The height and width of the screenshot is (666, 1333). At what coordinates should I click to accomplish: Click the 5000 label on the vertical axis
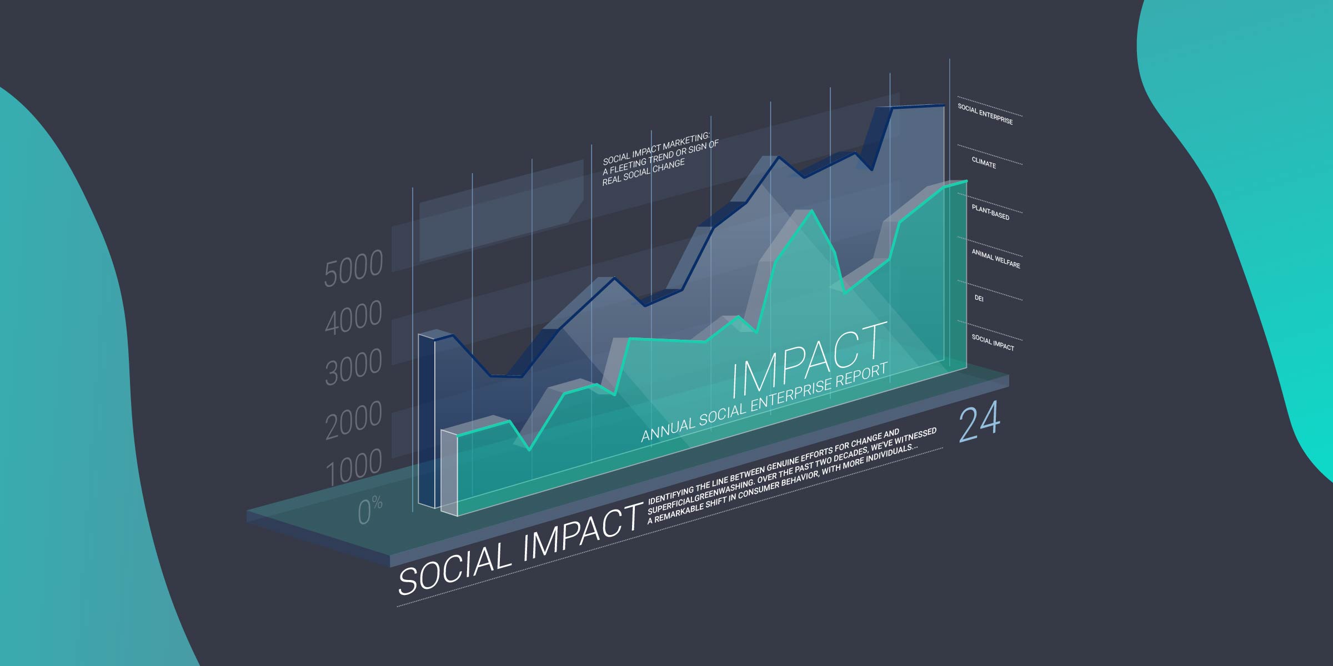click(x=353, y=268)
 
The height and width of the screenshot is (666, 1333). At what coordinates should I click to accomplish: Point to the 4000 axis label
click(x=353, y=317)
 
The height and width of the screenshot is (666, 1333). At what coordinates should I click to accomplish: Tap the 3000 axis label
click(x=353, y=367)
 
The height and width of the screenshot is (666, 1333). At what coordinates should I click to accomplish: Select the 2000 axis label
click(x=353, y=420)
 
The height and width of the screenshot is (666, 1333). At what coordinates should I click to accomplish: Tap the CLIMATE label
click(x=984, y=163)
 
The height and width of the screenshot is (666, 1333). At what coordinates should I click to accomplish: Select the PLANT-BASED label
click(x=990, y=212)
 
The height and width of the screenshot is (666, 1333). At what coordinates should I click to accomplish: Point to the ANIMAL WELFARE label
click(x=996, y=259)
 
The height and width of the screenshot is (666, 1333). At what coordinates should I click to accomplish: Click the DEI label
click(x=979, y=299)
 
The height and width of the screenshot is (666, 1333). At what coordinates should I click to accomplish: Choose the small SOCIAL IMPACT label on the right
click(x=993, y=342)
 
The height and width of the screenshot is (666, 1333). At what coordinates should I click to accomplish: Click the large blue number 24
click(x=979, y=422)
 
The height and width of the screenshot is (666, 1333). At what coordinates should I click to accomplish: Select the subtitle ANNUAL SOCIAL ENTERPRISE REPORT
click(x=764, y=402)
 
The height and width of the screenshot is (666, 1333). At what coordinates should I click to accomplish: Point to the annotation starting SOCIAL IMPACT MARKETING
click(x=660, y=159)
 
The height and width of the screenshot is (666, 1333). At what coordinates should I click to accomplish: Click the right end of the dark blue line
click(x=944, y=105)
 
